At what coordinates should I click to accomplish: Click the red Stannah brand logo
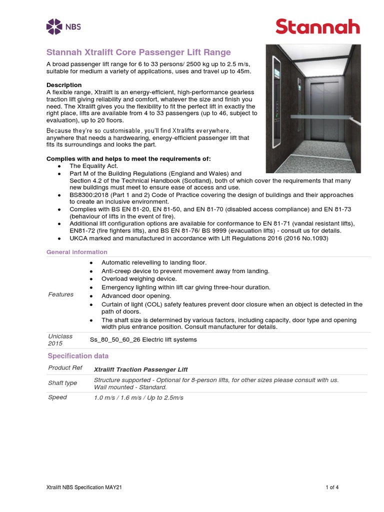click(317, 26)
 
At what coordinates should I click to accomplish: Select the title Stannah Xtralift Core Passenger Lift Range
click(138, 52)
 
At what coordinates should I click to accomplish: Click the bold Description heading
click(64, 85)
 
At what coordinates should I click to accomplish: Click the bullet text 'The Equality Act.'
click(94, 165)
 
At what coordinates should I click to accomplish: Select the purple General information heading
click(76, 252)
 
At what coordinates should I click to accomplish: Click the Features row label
click(60, 294)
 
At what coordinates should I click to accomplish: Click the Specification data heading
click(78, 356)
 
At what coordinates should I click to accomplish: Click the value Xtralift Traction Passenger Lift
click(141, 369)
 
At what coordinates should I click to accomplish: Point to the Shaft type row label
click(62, 383)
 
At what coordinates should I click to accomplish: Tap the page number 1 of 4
click(332, 487)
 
